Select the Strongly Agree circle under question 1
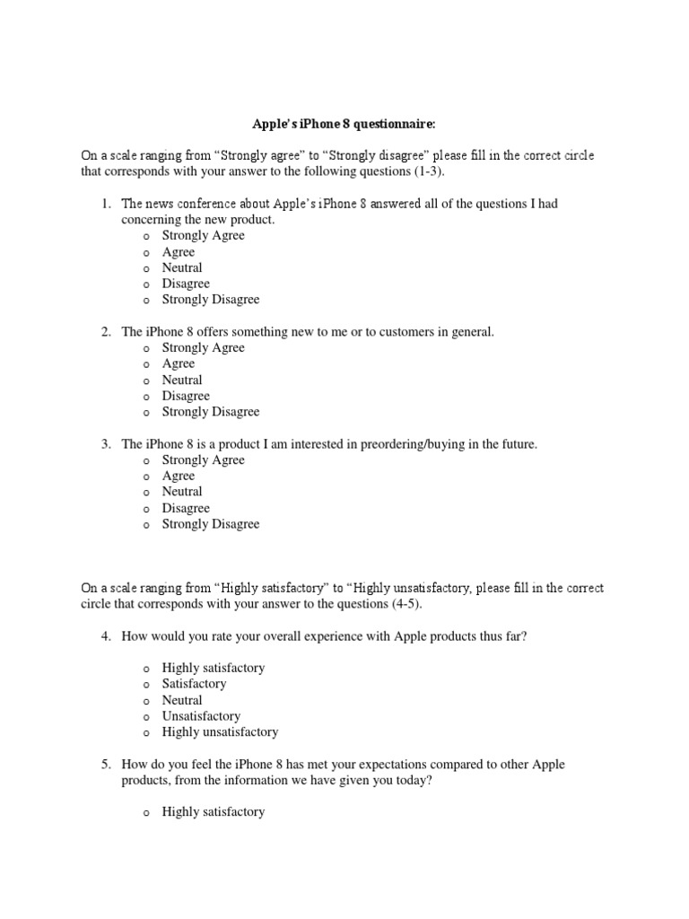[x=145, y=237]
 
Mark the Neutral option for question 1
[x=145, y=269]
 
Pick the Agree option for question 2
[x=145, y=365]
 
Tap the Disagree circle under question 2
[x=145, y=398]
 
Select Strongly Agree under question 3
[x=145, y=461]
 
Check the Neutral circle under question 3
[x=145, y=493]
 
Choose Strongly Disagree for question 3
[x=145, y=525]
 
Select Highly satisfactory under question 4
[x=145, y=670]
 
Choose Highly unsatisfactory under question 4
[x=145, y=733]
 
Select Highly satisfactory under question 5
[x=145, y=813]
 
